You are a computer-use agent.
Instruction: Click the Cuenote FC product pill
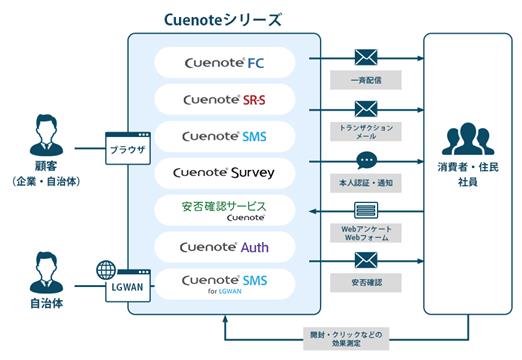tap(225, 63)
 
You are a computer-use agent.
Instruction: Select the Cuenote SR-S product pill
tap(225, 99)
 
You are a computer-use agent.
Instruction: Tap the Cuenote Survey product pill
tap(225, 173)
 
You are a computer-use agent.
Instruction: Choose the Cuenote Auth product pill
tap(225, 247)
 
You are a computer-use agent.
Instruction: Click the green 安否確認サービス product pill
tap(225, 210)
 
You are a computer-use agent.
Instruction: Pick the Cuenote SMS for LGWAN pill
tap(225, 284)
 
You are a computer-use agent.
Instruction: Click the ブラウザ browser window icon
tap(128, 148)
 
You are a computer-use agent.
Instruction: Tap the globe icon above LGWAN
tap(106, 270)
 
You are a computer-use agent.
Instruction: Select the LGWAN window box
tap(128, 286)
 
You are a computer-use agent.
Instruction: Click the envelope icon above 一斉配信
tap(366, 57)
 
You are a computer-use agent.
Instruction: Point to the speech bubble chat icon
tap(367, 161)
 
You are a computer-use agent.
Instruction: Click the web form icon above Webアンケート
tap(366, 210)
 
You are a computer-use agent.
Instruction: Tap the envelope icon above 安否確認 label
tap(366, 260)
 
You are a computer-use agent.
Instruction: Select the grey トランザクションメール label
tap(366, 132)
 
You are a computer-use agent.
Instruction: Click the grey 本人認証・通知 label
tap(366, 183)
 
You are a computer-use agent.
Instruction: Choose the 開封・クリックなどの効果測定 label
tap(346, 339)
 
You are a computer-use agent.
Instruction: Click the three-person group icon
tap(468, 139)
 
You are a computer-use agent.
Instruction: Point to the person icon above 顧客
tap(46, 135)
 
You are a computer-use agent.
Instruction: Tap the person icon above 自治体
tap(46, 273)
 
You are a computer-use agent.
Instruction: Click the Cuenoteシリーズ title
tap(223, 20)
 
